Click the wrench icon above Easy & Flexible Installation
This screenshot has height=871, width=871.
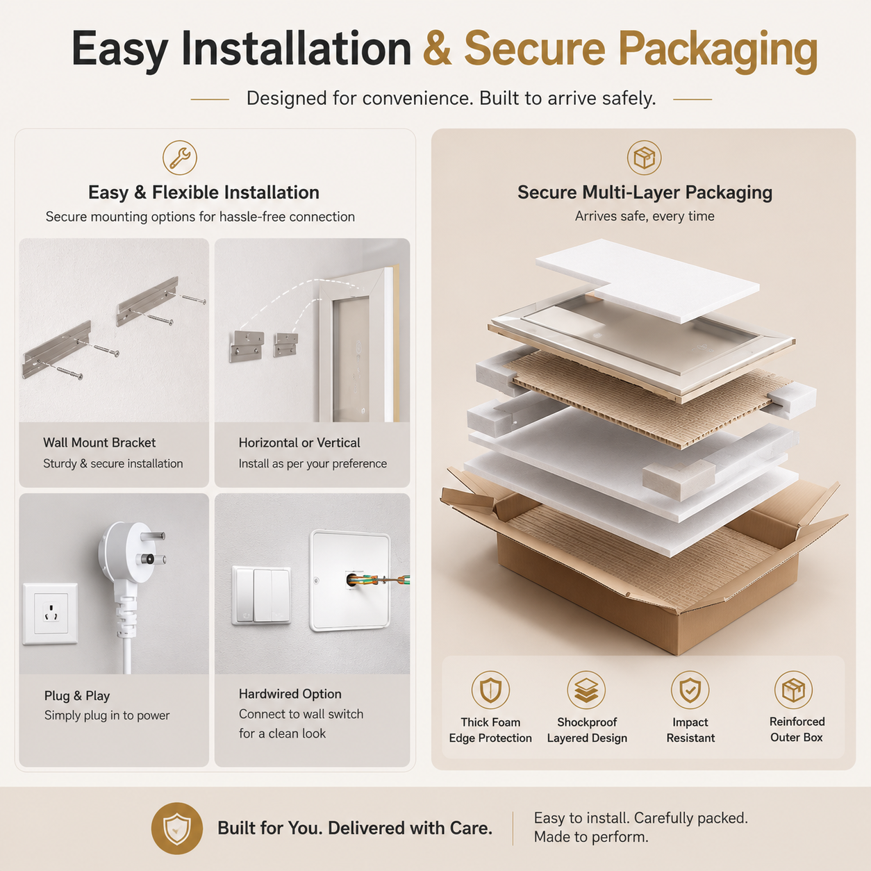tap(179, 157)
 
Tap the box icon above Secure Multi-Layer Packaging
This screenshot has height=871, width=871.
tap(644, 158)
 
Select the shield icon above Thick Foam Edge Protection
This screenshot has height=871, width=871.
tap(490, 690)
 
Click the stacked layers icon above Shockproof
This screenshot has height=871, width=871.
tap(586, 690)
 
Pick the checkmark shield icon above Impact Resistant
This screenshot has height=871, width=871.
tap(690, 690)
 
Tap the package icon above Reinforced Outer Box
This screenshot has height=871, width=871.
tap(793, 690)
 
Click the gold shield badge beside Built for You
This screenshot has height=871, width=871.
tap(176, 828)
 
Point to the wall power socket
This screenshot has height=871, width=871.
tap(50, 613)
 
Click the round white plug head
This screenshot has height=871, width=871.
tap(124, 551)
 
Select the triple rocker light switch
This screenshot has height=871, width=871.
tap(261, 596)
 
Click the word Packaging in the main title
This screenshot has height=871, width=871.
tap(717, 51)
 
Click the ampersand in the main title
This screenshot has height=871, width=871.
tap(438, 49)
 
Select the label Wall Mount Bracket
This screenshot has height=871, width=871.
tap(99, 442)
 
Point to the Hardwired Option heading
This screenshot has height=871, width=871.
tap(290, 694)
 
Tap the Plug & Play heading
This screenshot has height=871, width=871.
tap(77, 696)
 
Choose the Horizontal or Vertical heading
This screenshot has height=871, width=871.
tap(299, 442)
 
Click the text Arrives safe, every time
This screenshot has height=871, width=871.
tap(645, 216)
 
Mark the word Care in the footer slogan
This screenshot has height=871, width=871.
tap(470, 828)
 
